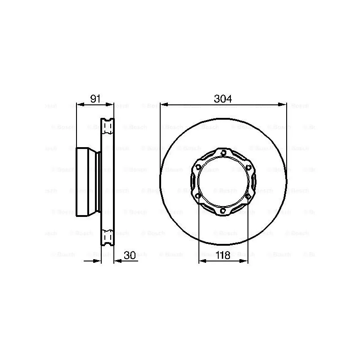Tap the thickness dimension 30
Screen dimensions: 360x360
(130, 255)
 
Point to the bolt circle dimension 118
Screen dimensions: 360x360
(223, 255)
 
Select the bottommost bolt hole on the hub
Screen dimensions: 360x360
(224, 211)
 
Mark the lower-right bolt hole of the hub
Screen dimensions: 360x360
(248, 196)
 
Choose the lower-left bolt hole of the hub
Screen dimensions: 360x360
(198, 196)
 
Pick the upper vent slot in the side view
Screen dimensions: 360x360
(108, 127)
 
